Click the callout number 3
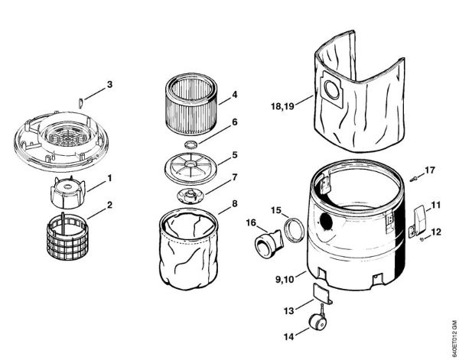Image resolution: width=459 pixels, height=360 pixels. [x=110, y=83]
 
